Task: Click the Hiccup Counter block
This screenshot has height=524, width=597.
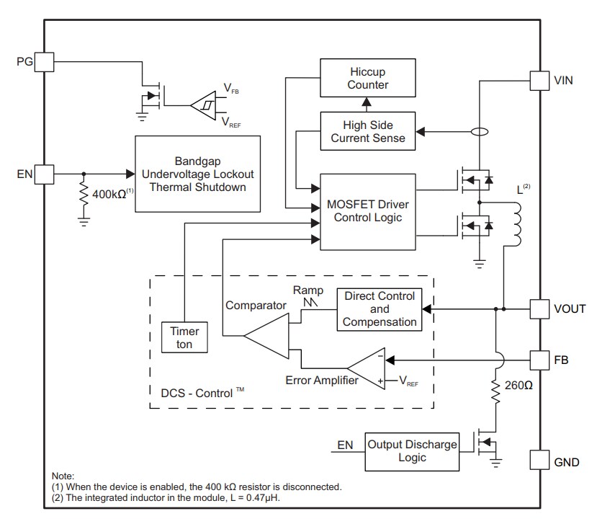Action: pyautogui.click(x=368, y=78)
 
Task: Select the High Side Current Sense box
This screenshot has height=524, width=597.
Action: pyautogui.click(x=368, y=131)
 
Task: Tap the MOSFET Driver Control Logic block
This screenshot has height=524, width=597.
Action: pyautogui.click(x=368, y=211)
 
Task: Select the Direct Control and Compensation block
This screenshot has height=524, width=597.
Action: pyautogui.click(x=380, y=309)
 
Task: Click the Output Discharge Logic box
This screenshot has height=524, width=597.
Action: pyautogui.click(x=412, y=451)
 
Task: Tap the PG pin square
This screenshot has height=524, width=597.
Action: pyautogui.click(x=45, y=61)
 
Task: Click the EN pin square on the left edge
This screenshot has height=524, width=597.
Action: pyautogui.click(x=45, y=174)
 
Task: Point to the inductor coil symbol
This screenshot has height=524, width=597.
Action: pyautogui.click(x=516, y=224)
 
